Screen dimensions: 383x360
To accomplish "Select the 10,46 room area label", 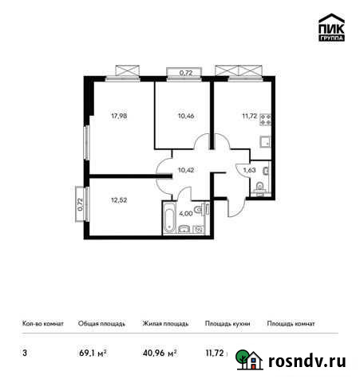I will [x=185, y=113].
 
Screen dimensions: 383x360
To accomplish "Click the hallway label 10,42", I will [x=186, y=169].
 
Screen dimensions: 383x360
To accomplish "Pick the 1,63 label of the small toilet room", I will [x=250, y=169].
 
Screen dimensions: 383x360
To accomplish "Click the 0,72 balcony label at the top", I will [x=186, y=73].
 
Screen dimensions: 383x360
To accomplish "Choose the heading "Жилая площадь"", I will [x=165, y=324].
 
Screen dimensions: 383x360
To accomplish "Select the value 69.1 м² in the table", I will [x=93, y=352].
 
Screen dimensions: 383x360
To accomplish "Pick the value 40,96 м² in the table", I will [x=160, y=352].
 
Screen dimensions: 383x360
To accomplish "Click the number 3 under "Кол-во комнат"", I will [x=25, y=352].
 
